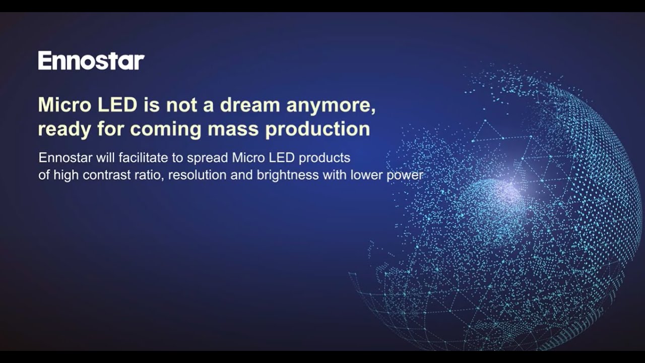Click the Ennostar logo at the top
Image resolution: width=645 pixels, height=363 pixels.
tap(91, 60)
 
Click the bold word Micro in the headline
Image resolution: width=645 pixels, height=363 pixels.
tap(61, 105)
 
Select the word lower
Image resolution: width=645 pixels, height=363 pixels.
tap(366, 175)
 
